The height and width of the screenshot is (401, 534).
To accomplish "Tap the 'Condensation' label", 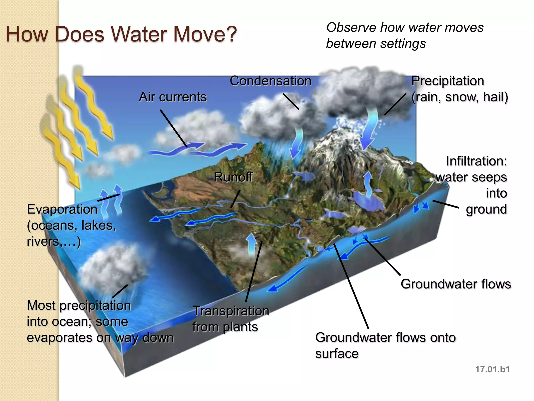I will point(270,81).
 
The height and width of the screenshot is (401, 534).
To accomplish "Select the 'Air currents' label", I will point(173,97).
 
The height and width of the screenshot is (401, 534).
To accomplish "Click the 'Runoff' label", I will point(233,177).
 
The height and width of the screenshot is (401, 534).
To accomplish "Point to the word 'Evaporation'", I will point(62,209).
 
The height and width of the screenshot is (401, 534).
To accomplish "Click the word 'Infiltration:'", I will point(476,161).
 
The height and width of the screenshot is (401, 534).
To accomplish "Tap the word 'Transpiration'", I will point(231,311).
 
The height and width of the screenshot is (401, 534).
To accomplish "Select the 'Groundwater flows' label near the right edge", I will point(456,284).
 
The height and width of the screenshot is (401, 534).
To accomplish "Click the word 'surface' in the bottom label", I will point(337,354).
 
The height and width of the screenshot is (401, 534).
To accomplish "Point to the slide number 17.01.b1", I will point(492,369).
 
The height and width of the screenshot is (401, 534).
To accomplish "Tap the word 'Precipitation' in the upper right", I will point(447,81).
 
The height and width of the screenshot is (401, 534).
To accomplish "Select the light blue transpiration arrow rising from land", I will point(251,244).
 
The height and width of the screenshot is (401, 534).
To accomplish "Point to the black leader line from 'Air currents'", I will point(173,128).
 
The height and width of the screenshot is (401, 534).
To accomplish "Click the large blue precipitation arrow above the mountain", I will point(369,131).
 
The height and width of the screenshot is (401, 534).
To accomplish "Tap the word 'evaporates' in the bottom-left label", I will point(59,338).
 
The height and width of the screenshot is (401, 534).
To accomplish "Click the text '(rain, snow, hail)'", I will point(459,97).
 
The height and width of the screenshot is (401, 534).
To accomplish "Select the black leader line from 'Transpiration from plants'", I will point(253,272).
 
